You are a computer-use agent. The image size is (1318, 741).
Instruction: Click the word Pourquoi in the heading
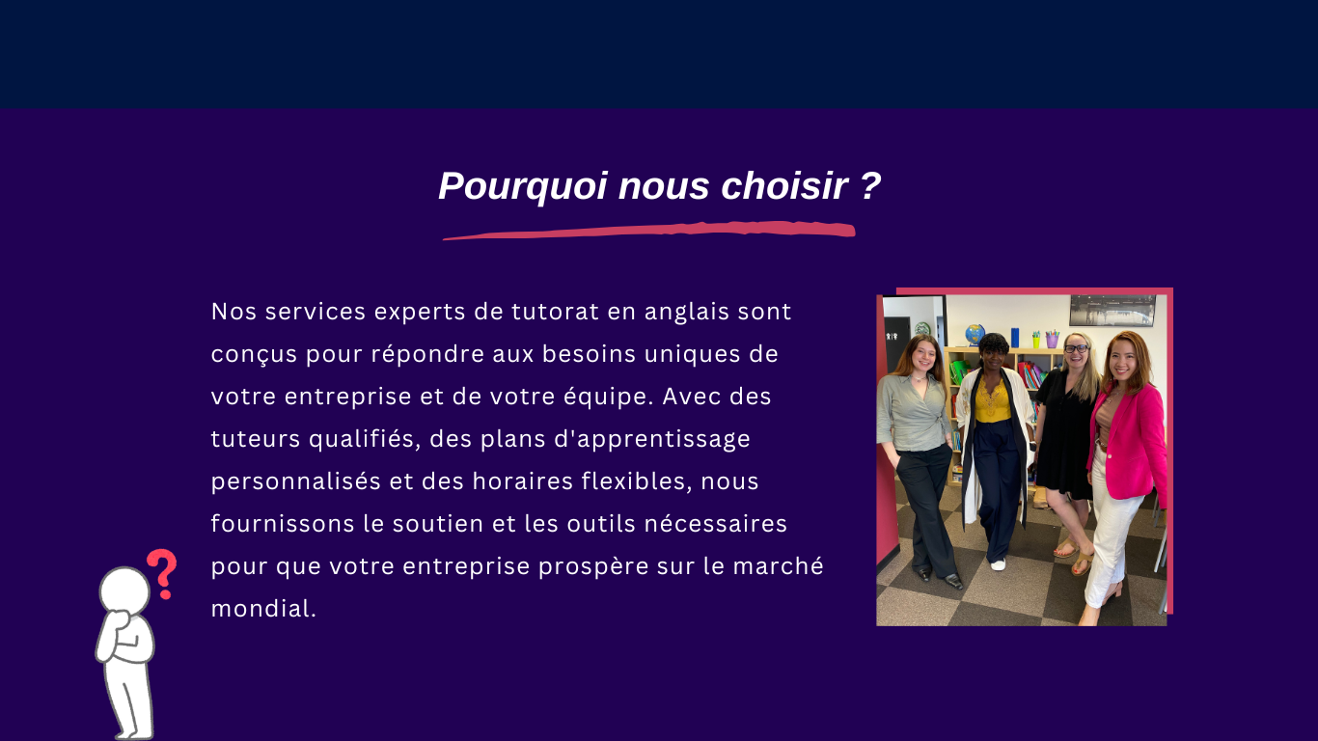[x=523, y=187]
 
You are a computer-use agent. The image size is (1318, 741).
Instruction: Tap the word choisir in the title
[x=784, y=185]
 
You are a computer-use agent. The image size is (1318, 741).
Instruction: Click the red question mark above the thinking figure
[x=162, y=574]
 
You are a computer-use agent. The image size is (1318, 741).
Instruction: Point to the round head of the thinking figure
[x=124, y=590]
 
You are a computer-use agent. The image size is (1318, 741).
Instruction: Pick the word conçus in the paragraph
[x=254, y=355]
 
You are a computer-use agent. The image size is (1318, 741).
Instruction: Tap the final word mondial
[x=263, y=609]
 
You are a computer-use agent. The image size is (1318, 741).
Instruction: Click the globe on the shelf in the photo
[x=975, y=334]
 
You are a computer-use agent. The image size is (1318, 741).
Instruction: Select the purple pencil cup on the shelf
[x=1052, y=340]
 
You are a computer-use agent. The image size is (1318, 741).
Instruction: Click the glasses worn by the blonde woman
[x=1076, y=348]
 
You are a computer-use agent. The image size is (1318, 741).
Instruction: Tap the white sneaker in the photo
[x=998, y=565]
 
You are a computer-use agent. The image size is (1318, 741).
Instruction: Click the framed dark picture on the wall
[x=1112, y=311]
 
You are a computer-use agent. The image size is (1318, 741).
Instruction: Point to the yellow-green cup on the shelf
[x=1036, y=341]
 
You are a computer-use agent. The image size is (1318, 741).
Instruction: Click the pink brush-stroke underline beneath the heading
[x=649, y=231]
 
